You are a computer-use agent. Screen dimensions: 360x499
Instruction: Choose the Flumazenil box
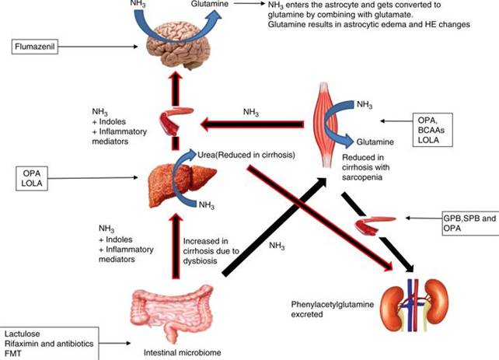36,48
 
